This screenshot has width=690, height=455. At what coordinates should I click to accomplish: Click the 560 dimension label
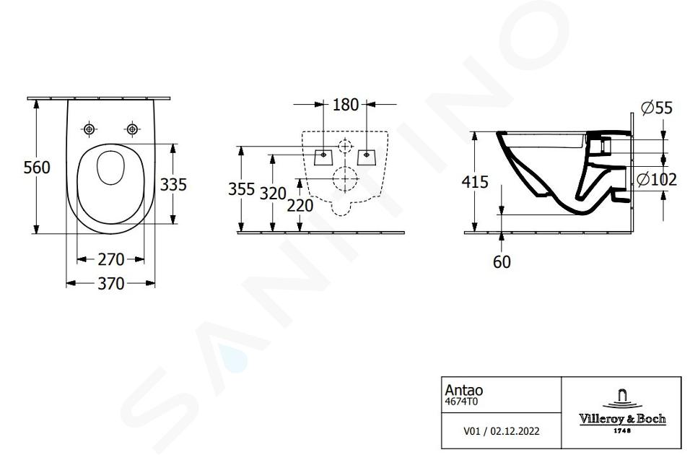(x=37, y=168)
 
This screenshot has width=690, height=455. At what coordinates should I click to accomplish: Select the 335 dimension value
(x=173, y=185)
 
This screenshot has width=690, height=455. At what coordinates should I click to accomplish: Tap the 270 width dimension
(x=111, y=259)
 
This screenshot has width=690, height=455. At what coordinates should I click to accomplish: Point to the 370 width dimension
(x=111, y=283)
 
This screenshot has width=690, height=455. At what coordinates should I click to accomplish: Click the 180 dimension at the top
(x=346, y=105)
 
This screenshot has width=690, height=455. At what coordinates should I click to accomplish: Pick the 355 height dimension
(x=241, y=189)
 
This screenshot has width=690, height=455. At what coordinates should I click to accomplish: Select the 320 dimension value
(x=273, y=194)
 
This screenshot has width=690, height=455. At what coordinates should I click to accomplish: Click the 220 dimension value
(x=300, y=205)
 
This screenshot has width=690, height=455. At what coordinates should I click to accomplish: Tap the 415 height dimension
(x=475, y=181)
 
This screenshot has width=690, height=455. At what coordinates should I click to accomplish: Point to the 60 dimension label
(x=502, y=262)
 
